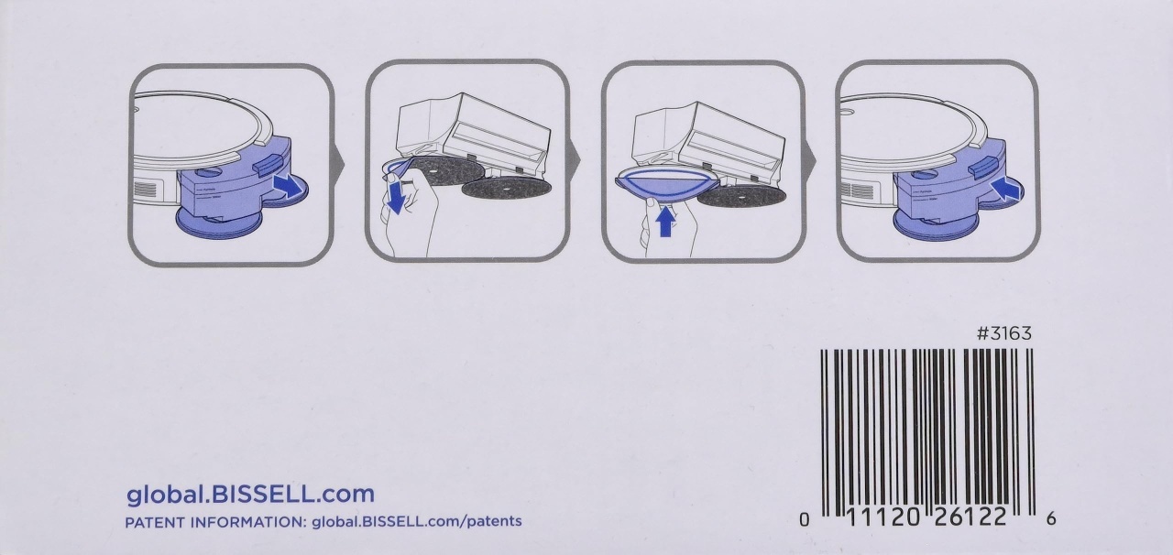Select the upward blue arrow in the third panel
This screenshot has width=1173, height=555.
tap(665, 221)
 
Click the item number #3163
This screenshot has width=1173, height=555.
tap(1003, 333)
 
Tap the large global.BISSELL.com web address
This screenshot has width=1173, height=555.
tap(251, 495)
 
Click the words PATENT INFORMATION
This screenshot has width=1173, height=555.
tap(214, 522)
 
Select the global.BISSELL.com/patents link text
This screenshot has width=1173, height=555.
tap(417, 522)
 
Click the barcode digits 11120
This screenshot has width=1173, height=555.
tap(882, 517)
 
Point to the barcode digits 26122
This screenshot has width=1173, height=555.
tap(970, 517)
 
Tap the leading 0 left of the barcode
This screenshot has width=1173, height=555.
tap(805, 519)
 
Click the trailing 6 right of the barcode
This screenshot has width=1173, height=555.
tap(1051, 519)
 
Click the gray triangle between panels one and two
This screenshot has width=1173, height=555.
tap(339, 163)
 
